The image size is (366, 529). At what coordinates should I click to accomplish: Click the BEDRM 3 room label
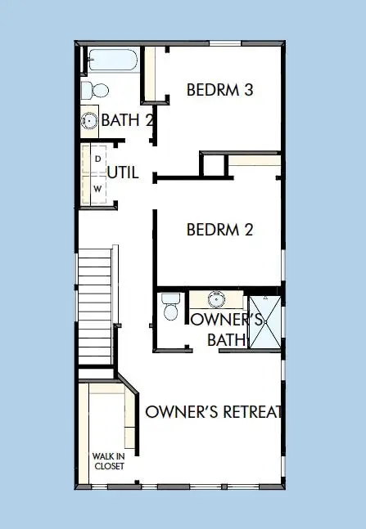[219, 90]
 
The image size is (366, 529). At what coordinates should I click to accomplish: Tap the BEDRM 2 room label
[219, 230]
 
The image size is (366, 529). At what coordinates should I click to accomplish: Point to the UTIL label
[123, 173]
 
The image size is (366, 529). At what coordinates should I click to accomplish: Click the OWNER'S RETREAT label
[214, 411]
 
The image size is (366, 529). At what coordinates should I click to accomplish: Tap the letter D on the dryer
[97, 157]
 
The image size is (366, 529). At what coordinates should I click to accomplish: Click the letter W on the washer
[97, 188]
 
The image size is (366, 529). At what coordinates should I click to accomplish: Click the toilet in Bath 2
[97, 90]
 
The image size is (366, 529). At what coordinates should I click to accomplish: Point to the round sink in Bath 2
[89, 122]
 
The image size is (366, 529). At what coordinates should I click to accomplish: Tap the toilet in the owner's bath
[171, 308]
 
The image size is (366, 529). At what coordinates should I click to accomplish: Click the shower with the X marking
[264, 322]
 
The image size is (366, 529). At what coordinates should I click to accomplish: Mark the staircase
[95, 307]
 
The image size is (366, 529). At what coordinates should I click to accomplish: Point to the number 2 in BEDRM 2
[248, 230]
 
